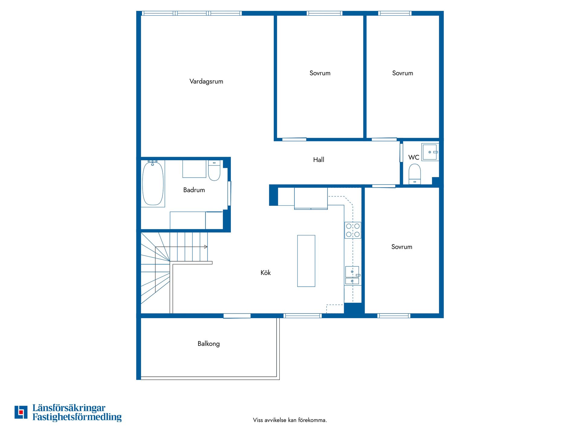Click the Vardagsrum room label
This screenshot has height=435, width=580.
(206, 81)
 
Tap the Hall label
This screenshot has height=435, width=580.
(319, 159)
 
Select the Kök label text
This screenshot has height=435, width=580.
(266, 272)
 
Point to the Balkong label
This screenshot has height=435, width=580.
(209, 344)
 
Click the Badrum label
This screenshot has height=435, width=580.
(194, 190)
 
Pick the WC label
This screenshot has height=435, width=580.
(414, 157)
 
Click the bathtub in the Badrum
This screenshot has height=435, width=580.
(153, 183)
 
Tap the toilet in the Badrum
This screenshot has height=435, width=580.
(214, 171)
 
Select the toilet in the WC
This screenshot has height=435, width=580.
(415, 174)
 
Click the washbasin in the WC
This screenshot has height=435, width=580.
(430, 152)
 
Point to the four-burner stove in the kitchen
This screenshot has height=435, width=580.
(353, 230)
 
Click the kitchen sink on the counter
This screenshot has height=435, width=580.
(352, 275)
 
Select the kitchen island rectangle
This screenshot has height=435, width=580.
(306, 261)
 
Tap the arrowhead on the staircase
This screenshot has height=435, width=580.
(206, 247)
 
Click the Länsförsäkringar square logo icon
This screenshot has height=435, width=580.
(21, 412)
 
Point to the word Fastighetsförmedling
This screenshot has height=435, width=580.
(77, 417)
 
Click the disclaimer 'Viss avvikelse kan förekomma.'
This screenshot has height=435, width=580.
(290, 420)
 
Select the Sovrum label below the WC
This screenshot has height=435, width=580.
(402, 247)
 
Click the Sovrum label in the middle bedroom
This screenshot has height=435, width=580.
(320, 73)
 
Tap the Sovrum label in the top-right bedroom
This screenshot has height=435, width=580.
(403, 73)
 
